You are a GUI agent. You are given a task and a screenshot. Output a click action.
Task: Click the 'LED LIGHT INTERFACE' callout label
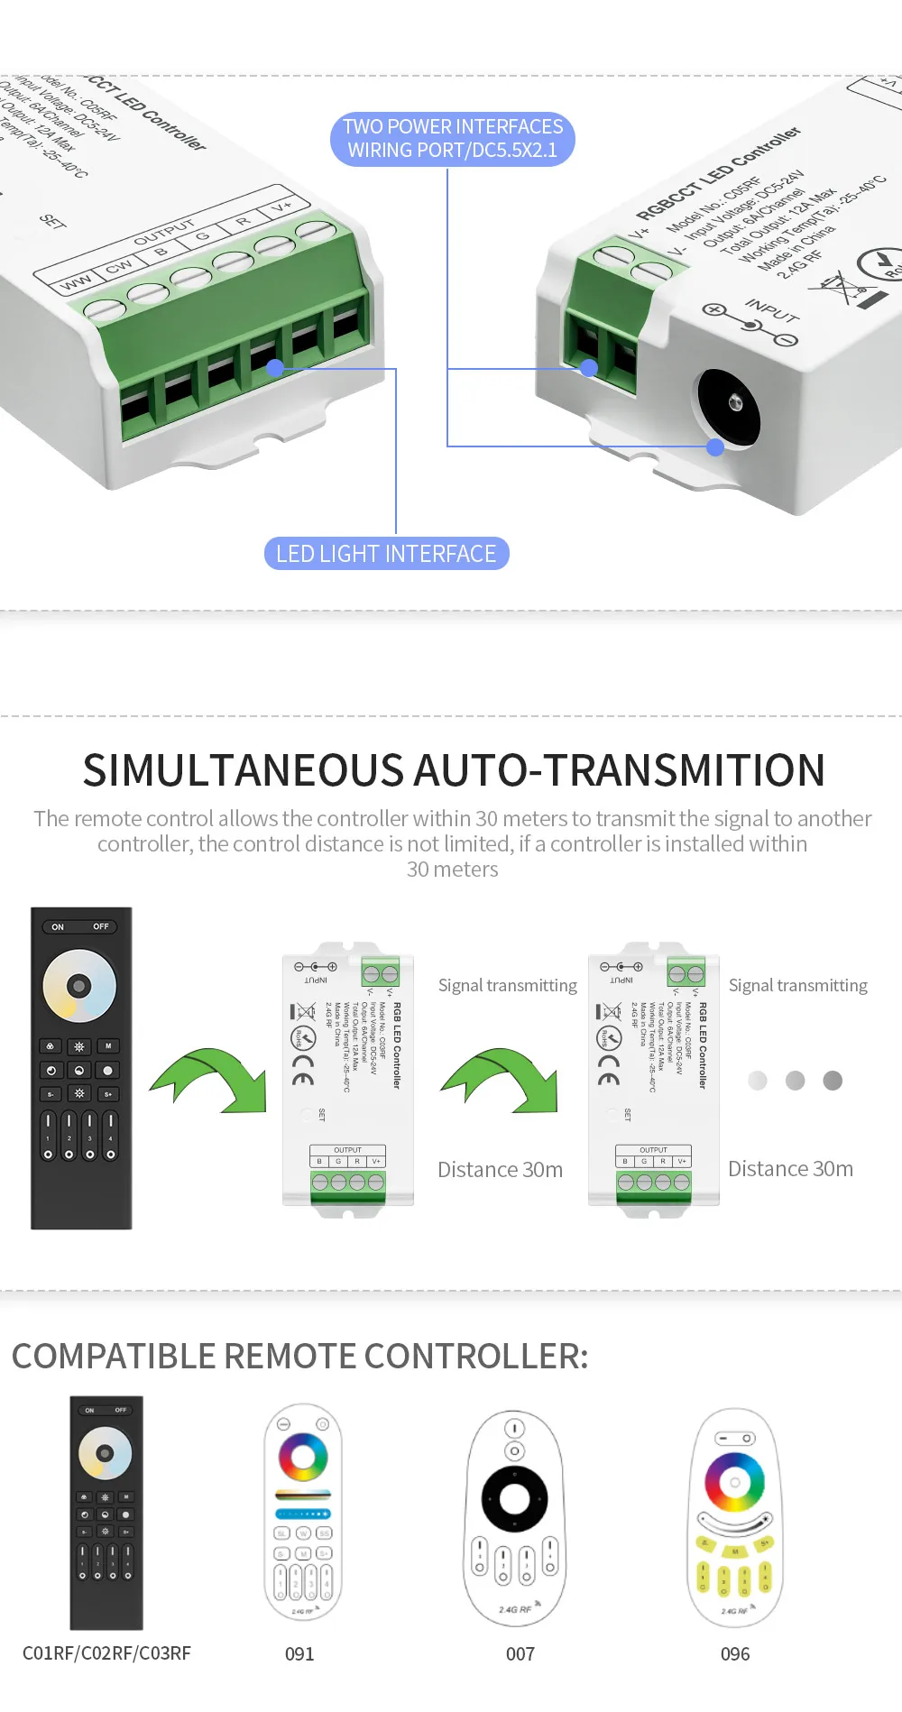tap(386, 554)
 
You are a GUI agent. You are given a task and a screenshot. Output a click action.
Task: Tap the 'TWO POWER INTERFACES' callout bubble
tap(453, 139)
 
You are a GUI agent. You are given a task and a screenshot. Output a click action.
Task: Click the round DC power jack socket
tap(728, 408)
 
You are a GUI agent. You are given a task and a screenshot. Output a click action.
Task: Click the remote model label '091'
tap(299, 1653)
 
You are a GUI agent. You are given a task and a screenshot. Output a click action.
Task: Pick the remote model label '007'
tap(520, 1653)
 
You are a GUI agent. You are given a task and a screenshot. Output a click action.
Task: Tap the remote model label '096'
tap(735, 1653)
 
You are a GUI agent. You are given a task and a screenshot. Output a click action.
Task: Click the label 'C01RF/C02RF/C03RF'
tap(106, 1652)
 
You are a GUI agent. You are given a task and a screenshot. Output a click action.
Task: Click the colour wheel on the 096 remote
tap(734, 1482)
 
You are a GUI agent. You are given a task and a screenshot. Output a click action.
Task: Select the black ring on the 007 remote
tap(514, 1499)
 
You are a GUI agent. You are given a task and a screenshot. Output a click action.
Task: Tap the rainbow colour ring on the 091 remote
tap(303, 1456)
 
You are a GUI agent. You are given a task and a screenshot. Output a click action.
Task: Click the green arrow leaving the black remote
tap(212, 1077)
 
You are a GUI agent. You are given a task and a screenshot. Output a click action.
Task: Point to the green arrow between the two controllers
tap(502, 1078)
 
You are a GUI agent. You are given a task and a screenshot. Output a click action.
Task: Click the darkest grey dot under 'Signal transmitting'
tap(833, 1081)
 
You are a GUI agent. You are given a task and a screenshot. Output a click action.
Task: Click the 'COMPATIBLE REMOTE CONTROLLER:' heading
tap(299, 1356)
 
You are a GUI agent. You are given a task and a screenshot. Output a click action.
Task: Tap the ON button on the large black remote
tap(58, 926)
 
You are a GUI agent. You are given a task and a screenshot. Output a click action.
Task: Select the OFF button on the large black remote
tap(101, 926)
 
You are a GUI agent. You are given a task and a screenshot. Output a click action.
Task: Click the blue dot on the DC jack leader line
tap(715, 446)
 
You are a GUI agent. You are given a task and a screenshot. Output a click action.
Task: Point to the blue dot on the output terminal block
tap(275, 367)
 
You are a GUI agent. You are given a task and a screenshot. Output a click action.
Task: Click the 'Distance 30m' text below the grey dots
tap(790, 1169)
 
